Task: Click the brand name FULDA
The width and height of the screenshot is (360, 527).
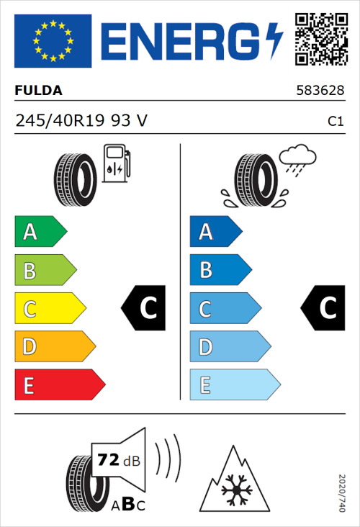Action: [x=38, y=91]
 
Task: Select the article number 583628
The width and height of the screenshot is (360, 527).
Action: [x=320, y=91]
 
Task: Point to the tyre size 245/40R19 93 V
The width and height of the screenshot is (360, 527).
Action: [x=81, y=121]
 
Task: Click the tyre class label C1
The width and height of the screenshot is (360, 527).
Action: [x=335, y=122]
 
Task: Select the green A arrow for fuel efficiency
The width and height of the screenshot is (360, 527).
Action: [x=40, y=233]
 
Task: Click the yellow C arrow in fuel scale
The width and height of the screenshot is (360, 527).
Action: [x=49, y=309]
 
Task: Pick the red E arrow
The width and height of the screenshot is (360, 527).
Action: [x=59, y=385]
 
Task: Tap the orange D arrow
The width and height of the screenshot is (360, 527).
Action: [x=54, y=347]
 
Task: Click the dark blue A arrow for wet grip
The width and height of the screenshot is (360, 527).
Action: [x=215, y=233]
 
